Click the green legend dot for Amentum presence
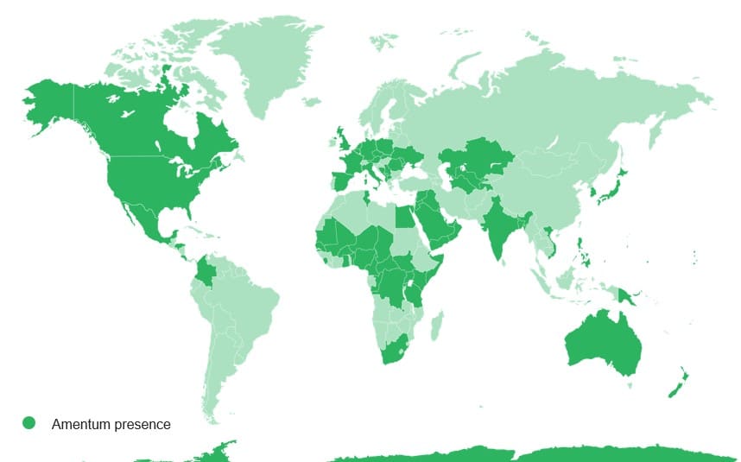(29, 423)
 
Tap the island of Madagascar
(438, 326)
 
